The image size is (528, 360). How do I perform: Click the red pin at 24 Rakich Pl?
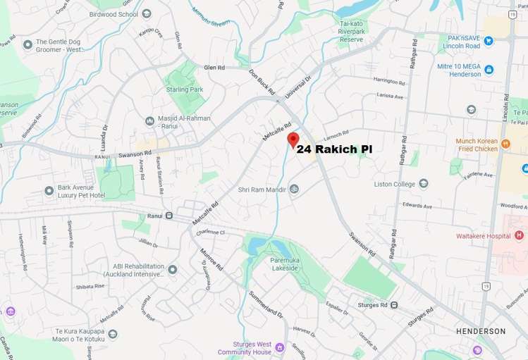click(x=293, y=139)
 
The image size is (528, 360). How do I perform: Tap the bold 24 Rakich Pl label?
click(x=333, y=149)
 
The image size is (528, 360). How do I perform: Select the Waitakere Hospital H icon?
click(x=520, y=235)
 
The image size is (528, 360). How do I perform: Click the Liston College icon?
click(x=424, y=184)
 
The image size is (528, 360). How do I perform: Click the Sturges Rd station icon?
click(x=393, y=305)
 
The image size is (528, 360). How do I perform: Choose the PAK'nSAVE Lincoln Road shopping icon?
click(x=488, y=41)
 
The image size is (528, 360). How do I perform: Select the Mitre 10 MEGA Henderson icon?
click(x=489, y=69)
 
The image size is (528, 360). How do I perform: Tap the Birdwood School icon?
click(x=147, y=13)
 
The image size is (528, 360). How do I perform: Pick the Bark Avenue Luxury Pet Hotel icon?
click(x=49, y=190)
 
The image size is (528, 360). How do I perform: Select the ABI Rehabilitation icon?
click(x=172, y=269)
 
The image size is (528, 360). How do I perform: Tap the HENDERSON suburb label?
click(x=481, y=331)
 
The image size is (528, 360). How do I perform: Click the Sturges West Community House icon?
click(x=280, y=347)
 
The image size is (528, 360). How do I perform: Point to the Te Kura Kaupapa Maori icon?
click(x=113, y=334)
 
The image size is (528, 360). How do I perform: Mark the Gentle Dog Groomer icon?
click(x=27, y=45)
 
